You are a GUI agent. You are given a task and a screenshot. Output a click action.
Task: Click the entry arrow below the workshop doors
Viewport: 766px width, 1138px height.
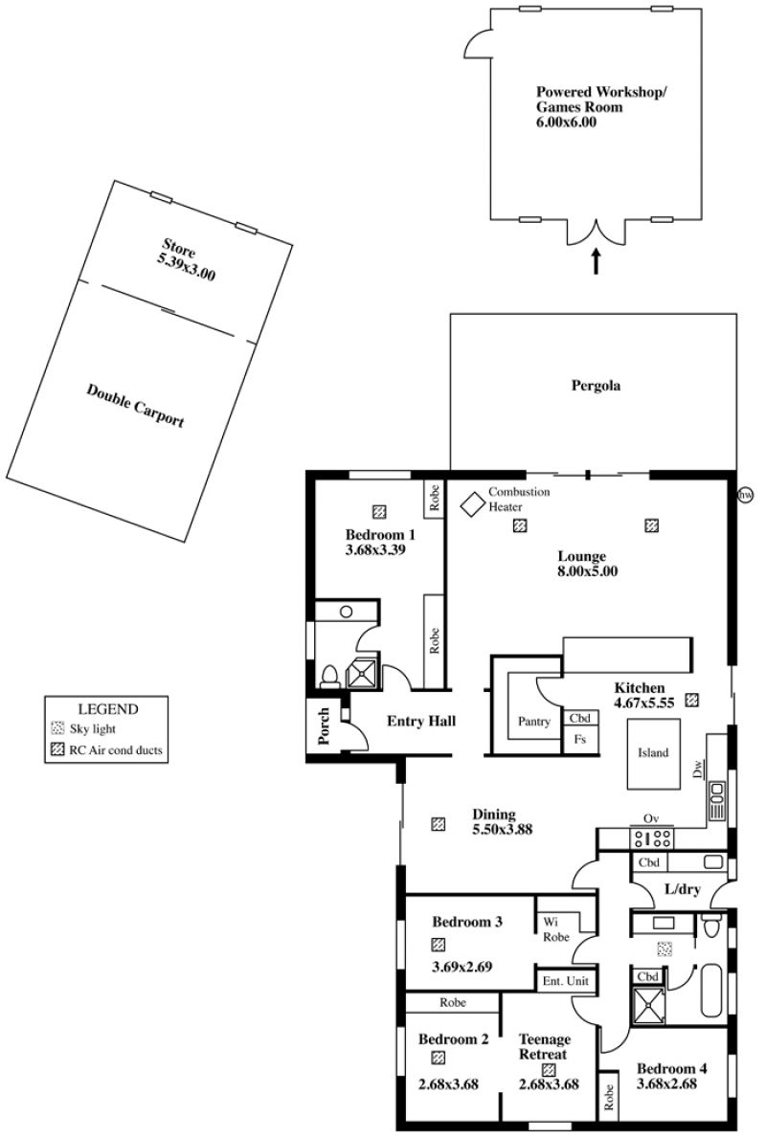point(597,261)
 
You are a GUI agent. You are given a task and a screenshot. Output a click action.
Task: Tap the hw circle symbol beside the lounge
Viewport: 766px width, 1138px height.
point(745,495)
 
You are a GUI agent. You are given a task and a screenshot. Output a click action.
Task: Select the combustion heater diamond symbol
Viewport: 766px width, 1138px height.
point(473,504)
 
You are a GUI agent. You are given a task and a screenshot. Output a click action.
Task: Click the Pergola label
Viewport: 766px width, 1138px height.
point(596,386)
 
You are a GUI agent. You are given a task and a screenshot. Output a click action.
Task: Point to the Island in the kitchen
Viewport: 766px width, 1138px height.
point(653,753)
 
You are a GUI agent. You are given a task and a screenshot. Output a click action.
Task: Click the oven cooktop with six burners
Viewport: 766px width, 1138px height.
point(652,838)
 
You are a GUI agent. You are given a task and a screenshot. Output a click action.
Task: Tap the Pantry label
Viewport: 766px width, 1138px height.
point(533,722)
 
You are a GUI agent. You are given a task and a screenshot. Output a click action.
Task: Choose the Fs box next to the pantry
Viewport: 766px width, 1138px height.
point(580,740)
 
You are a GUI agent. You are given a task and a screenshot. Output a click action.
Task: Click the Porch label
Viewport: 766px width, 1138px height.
point(324,725)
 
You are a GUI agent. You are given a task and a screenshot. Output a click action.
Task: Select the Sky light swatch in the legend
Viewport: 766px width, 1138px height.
point(58,728)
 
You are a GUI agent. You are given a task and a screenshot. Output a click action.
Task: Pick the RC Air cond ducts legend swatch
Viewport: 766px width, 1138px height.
point(58,749)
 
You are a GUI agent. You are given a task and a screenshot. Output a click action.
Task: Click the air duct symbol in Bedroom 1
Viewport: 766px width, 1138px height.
point(378,512)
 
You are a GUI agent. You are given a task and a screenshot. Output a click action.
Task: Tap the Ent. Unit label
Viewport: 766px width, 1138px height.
point(566,981)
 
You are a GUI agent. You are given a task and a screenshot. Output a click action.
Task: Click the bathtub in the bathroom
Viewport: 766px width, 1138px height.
point(712,991)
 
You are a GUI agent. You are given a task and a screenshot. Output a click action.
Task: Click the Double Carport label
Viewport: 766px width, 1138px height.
point(135,406)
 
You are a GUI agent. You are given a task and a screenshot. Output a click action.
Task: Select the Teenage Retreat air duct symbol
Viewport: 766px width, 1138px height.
point(549,1069)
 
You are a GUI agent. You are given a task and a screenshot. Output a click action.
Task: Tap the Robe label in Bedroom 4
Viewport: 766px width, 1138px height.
point(608,1098)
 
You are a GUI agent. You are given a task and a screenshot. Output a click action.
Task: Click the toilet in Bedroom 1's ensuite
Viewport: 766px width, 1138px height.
point(329,676)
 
